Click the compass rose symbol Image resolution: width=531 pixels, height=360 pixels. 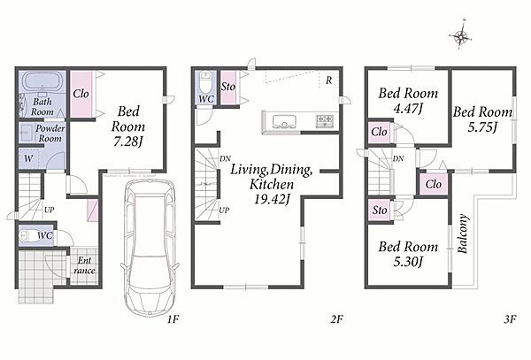pos(460,35)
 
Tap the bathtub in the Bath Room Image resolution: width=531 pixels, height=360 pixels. pos(42,82)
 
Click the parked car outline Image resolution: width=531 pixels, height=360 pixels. pos(149,248)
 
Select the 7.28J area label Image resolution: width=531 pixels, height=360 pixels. pos(128,142)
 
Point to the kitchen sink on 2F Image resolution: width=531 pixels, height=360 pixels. pos(284,121)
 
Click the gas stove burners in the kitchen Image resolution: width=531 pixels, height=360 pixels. pos(325,121)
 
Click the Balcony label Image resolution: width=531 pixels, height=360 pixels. pos(463,234)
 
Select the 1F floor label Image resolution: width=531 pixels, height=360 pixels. pos(173,319)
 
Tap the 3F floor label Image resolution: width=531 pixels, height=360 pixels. pos(510,319)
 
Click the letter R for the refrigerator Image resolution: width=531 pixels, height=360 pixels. pos(329,80)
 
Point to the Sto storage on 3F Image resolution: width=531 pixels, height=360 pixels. pos(380,211)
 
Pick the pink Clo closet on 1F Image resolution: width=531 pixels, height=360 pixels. pos(81,94)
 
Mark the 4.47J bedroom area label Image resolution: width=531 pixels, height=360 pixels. pos(408,109)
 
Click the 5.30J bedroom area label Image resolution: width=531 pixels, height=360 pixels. pos(408,262)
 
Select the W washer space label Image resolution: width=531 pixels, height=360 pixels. pos(29,158)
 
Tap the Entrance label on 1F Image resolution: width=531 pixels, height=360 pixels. pos(84,265)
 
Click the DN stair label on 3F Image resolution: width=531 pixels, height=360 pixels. pos(398,158)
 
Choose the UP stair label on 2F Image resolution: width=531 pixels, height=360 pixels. pos(224,211)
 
